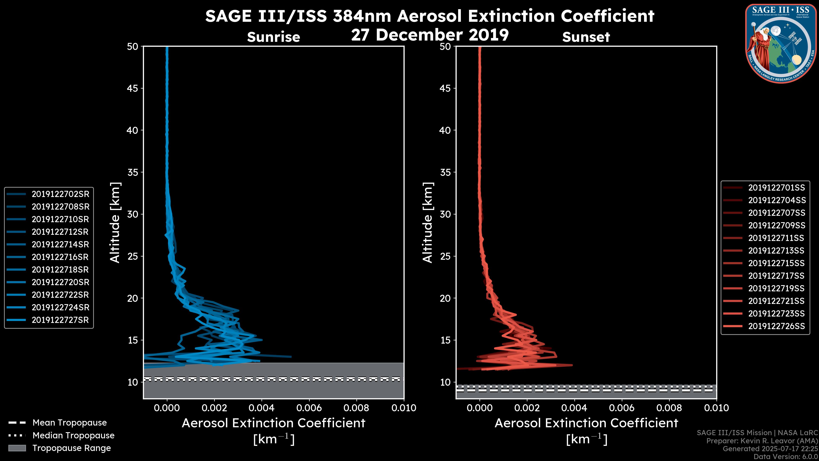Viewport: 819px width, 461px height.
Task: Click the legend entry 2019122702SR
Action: click(60, 194)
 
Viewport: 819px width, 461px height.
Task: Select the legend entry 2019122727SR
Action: click(60, 320)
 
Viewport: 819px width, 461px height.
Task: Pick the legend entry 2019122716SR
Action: click(60, 257)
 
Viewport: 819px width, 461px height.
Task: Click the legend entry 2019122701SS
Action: click(776, 188)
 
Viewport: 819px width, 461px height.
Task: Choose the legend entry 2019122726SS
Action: click(776, 326)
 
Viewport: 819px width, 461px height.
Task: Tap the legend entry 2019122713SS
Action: click(776, 251)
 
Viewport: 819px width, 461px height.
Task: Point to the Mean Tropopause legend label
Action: click(70, 423)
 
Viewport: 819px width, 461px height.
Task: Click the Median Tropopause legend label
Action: click(73, 436)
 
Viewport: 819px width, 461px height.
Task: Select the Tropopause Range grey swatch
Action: click(17, 448)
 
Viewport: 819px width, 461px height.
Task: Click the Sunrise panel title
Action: click(273, 37)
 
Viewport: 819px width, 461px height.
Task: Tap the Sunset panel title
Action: click(586, 37)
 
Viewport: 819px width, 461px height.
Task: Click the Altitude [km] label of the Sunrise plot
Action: click(115, 222)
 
